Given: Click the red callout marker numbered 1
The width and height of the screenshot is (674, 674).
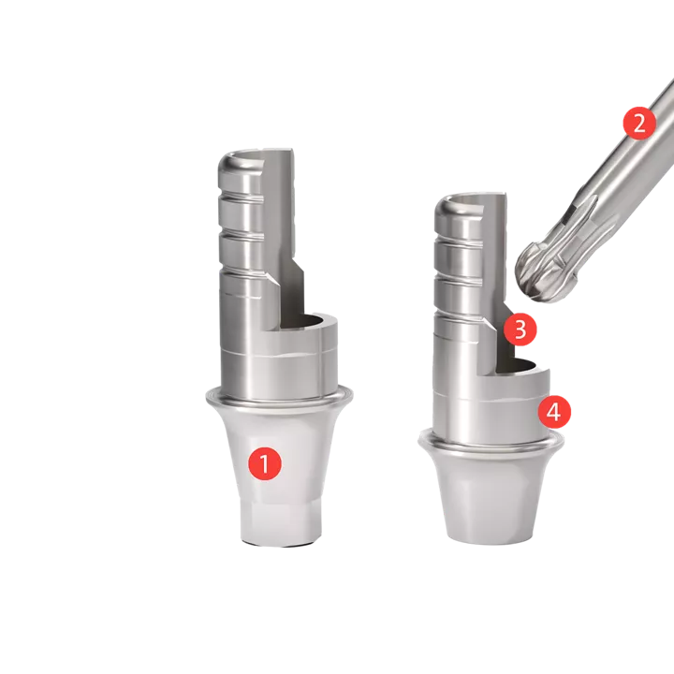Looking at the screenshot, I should [266, 462].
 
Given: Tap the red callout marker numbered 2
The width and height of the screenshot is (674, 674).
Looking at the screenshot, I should [639, 124].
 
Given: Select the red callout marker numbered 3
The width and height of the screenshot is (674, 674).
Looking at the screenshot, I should [520, 329].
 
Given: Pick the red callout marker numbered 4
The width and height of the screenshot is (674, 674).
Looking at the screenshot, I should [554, 411].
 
